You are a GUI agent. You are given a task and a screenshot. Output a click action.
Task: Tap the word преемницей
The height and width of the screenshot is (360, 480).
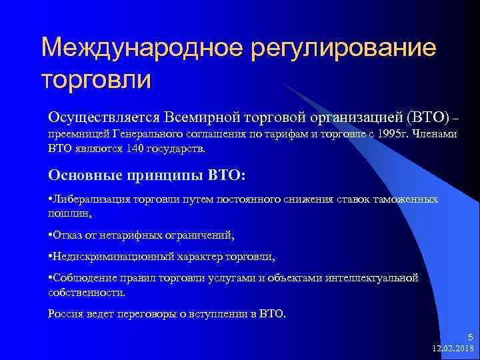pos(79,133)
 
